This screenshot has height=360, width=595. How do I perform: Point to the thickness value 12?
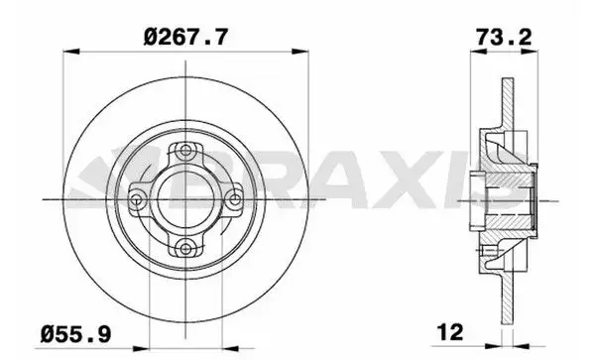point(452,330)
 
